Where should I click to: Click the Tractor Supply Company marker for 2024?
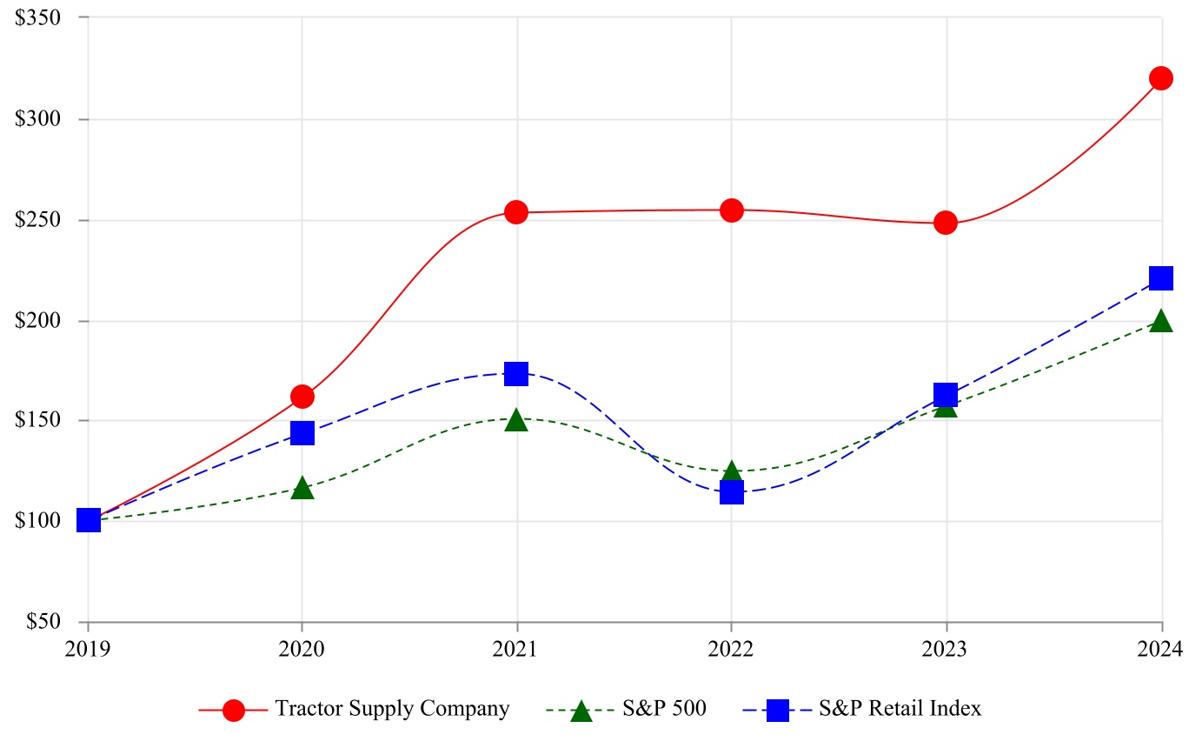click(x=1160, y=78)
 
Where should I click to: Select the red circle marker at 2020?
click(x=302, y=397)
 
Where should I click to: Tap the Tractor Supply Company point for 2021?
click(x=516, y=212)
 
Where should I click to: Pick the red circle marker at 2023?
click(x=946, y=223)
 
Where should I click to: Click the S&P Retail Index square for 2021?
click(x=516, y=374)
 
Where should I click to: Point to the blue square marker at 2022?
click(x=731, y=492)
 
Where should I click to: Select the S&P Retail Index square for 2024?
click(x=1160, y=278)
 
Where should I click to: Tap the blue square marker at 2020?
click(x=302, y=432)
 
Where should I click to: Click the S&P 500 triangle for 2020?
click(x=302, y=488)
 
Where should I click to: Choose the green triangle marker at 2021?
click(x=516, y=420)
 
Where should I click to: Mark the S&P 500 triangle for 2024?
click(x=1160, y=322)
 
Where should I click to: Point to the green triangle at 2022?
click(x=731, y=472)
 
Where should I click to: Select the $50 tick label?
click(x=43, y=622)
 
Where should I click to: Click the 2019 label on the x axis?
click(x=87, y=648)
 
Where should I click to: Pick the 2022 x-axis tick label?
click(x=731, y=648)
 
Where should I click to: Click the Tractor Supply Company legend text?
click(x=392, y=709)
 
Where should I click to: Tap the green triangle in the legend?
click(x=581, y=711)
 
